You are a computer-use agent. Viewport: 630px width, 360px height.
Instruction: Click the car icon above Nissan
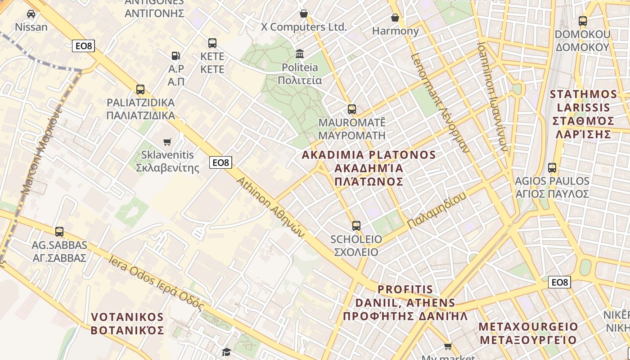coord(31,14)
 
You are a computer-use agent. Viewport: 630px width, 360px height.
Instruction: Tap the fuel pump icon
coord(176,56)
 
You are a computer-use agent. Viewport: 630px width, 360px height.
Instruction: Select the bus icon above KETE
coord(212,43)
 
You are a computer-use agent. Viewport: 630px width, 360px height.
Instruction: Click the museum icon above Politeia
coord(300,54)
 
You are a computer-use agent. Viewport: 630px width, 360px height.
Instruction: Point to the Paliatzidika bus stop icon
coord(140,89)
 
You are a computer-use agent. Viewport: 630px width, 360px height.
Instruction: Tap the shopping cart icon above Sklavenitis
coord(167,142)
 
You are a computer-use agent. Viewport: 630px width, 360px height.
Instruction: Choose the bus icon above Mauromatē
coord(352,109)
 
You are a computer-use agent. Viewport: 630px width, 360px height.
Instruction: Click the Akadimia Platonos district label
coord(369,168)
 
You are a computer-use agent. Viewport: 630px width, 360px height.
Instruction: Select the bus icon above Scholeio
coord(356,225)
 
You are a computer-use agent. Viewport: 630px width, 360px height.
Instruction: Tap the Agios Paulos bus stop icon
coord(552,168)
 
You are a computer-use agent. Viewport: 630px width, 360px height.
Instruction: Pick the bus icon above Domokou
coord(583,21)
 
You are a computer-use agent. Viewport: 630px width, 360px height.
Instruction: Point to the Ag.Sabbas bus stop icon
coord(59,232)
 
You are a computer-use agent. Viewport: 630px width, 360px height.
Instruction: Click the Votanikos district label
coord(127,324)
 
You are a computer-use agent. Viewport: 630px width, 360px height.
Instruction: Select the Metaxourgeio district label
coord(528,333)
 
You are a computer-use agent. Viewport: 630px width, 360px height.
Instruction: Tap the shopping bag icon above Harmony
coord(395,18)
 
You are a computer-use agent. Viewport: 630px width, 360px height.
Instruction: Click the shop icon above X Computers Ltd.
coord(304,13)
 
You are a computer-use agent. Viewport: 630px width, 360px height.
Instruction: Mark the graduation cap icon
coord(226,351)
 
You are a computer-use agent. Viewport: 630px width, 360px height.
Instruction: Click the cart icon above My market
coord(448,346)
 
